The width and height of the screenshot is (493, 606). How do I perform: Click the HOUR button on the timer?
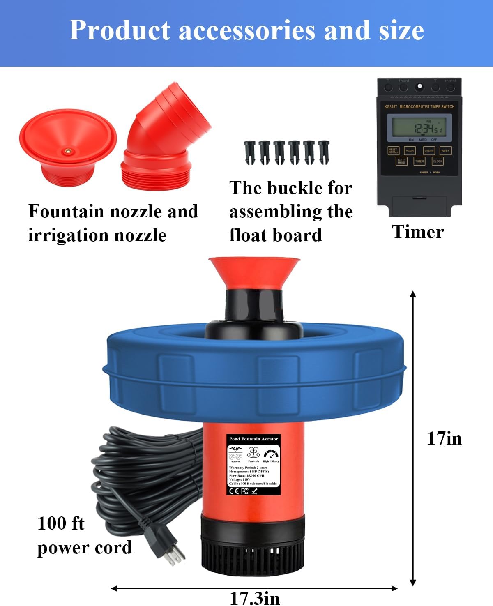click(x=410, y=151)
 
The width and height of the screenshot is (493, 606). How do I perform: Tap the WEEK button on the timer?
click(x=445, y=151)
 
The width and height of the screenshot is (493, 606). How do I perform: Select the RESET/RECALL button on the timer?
click(x=393, y=151)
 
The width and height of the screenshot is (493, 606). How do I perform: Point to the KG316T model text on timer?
click(x=391, y=107)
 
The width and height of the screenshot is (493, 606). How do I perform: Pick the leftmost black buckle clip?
click(x=249, y=152)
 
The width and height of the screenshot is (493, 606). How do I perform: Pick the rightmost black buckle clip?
click(x=324, y=152)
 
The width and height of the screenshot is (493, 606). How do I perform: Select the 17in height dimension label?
click(x=444, y=438)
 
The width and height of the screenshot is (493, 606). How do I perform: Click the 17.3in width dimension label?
click(x=255, y=598)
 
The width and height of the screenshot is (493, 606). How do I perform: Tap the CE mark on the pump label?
click(x=234, y=491)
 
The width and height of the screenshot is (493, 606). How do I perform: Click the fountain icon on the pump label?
click(x=253, y=454)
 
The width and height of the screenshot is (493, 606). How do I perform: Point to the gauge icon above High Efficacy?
click(x=271, y=454)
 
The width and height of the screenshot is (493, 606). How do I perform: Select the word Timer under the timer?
click(x=417, y=232)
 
